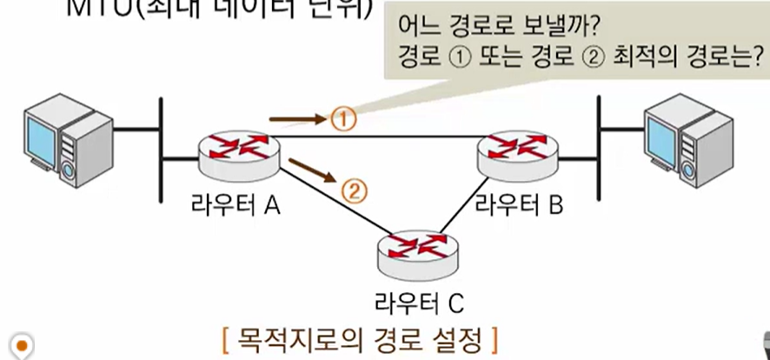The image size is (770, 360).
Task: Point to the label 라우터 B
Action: [x=519, y=205]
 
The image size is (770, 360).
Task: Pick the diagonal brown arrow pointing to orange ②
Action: [x=311, y=170]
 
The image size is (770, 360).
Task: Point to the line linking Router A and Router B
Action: [x=382, y=137]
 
